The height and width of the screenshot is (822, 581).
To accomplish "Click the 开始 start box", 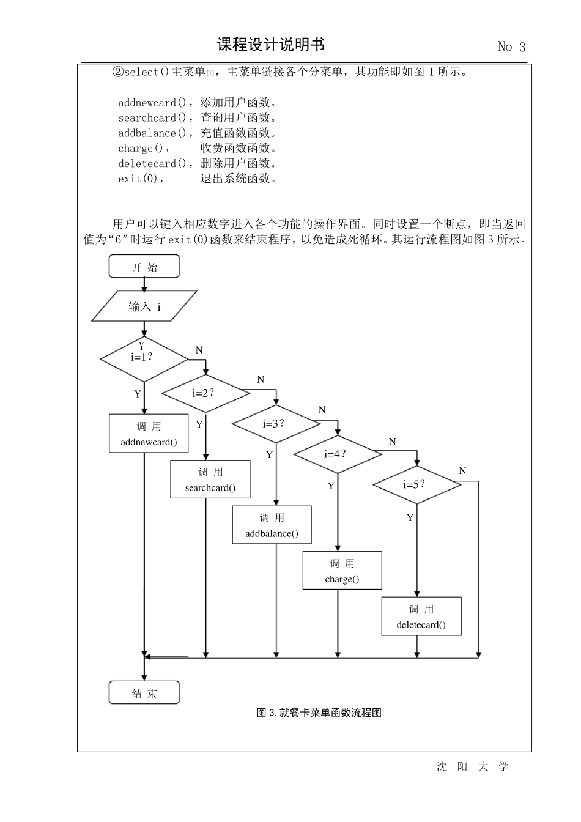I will click(x=144, y=267).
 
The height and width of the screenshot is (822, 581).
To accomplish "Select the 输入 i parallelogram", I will click(x=144, y=306).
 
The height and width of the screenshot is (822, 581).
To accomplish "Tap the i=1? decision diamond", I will click(x=144, y=358).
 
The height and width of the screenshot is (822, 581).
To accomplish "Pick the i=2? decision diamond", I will click(x=205, y=393).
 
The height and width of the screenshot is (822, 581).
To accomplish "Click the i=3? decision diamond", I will click(x=276, y=424).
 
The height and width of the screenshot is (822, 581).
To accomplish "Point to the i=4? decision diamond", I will click(x=338, y=454).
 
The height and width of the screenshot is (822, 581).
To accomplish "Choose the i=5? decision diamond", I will click(x=416, y=485).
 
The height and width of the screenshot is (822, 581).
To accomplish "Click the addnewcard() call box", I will click(x=149, y=434).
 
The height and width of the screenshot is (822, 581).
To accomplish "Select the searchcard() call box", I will click(x=210, y=480).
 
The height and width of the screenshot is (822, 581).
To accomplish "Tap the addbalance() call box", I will click(x=272, y=525).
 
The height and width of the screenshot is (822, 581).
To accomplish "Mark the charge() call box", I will click(x=342, y=571).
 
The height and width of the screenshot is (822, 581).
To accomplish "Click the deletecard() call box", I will click(x=421, y=616).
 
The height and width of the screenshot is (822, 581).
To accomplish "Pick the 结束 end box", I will click(x=144, y=693).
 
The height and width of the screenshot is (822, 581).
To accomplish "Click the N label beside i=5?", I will click(x=462, y=471).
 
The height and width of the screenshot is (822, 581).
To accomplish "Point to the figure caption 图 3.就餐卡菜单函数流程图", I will click(x=319, y=713).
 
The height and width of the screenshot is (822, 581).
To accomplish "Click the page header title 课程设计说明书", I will click(x=271, y=45).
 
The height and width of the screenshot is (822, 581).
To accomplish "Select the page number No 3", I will click(x=511, y=47).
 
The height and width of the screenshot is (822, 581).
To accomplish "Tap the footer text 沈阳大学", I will click(x=472, y=767).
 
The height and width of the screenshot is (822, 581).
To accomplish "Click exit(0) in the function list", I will click(x=140, y=179).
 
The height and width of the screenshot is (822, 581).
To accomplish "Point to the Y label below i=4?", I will click(x=331, y=486).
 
